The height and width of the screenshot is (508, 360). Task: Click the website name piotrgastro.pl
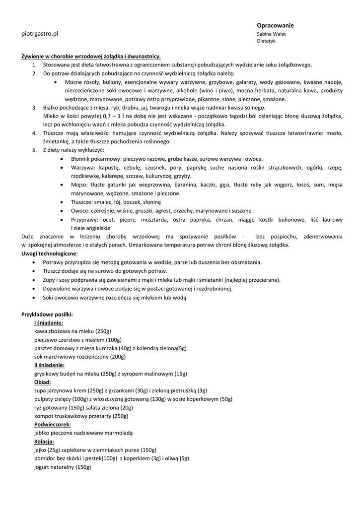coord(40,34)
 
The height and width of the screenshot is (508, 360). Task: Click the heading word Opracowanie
coord(275,25)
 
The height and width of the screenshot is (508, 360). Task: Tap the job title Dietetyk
coord(266,42)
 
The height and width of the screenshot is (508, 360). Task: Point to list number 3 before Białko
coord(34,107)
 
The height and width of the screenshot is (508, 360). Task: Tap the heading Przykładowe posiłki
coord(47,314)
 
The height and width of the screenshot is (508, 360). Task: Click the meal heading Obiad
coord(43,382)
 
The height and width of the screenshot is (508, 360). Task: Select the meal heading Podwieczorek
coord(52,425)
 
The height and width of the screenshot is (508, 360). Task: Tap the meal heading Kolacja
coord(44,442)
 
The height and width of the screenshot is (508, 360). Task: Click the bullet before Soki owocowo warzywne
coord(33,298)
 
